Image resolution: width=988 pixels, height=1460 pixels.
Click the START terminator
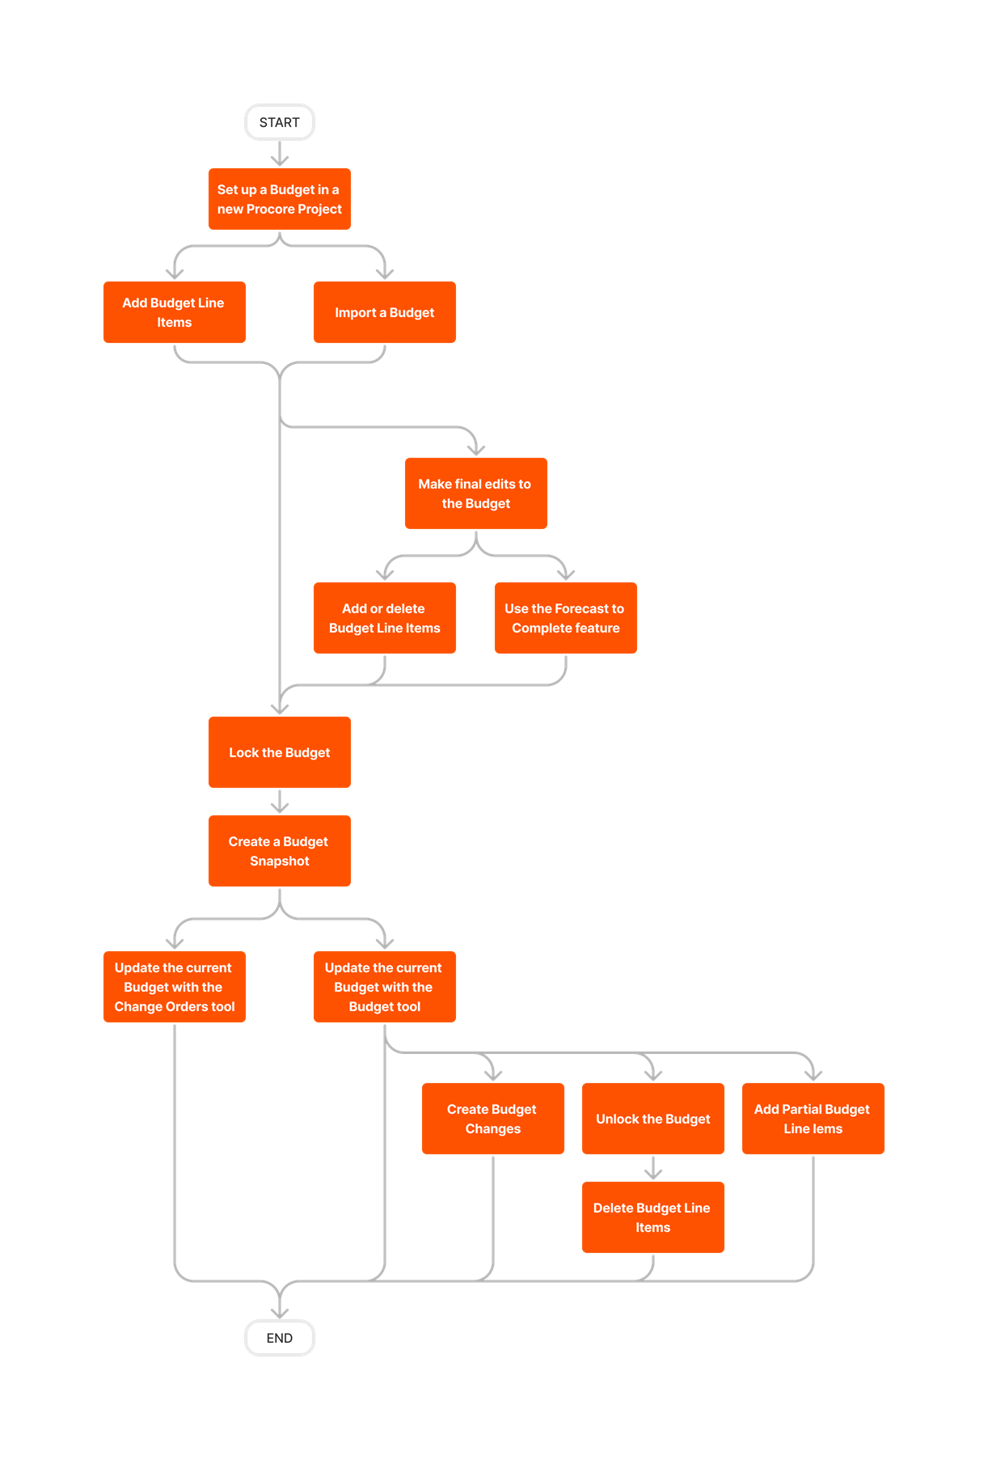pos(279,122)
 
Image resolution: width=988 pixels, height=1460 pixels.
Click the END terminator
pos(279,1338)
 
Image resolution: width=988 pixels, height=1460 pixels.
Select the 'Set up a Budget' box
pos(279,199)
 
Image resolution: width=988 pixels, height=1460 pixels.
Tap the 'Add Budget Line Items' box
pos(174,312)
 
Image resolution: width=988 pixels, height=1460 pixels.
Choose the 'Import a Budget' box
pos(384,312)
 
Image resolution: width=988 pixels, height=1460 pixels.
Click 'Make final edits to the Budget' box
pos(475,493)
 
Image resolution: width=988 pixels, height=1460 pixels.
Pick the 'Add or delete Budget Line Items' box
pos(384,618)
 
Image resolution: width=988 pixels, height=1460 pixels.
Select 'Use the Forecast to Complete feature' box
pos(565,618)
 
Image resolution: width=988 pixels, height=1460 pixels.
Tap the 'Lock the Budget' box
pos(279,752)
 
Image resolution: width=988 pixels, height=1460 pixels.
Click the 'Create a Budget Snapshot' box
pos(279,851)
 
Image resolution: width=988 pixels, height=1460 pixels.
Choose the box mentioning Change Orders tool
pos(174,987)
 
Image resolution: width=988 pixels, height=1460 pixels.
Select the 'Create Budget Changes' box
pos(492,1119)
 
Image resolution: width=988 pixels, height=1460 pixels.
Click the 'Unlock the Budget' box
pos(652,1119)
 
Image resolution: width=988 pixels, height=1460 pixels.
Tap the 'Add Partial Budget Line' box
pos(813,1119)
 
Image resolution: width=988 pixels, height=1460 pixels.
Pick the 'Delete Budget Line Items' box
pos(652,1217)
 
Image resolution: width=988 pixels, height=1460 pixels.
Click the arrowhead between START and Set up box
pos(279,160)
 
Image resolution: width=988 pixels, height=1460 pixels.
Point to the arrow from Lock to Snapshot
pos(279,802)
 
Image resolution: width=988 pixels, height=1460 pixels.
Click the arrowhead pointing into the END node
pos(279,1311)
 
